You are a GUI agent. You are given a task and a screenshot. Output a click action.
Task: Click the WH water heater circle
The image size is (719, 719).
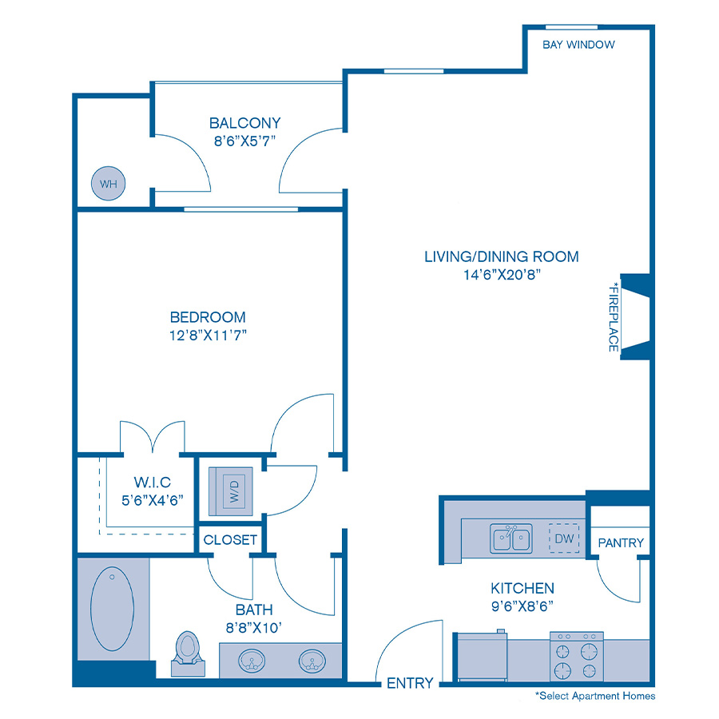[x=108, y=184]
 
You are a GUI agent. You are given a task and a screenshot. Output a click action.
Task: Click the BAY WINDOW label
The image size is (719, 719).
[x=578, y=45]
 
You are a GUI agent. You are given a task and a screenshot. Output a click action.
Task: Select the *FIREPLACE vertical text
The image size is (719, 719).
[x=614, y=316]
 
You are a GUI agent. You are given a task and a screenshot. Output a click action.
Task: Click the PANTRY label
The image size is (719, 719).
[x=621, y=542]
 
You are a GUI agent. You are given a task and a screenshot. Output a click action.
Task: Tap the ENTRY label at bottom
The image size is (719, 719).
[x=410, y=683]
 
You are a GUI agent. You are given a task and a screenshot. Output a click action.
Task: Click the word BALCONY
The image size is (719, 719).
[x=244, y=123]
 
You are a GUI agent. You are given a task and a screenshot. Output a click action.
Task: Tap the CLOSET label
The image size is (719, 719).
[x=230, y=540]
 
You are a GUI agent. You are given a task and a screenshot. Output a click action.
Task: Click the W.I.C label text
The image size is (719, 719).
[x=151, y=483]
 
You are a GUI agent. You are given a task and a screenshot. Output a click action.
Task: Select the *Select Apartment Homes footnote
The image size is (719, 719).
[x=595, y=696]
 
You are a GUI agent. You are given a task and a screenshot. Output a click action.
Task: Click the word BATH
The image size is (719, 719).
[x=253, y=610]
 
